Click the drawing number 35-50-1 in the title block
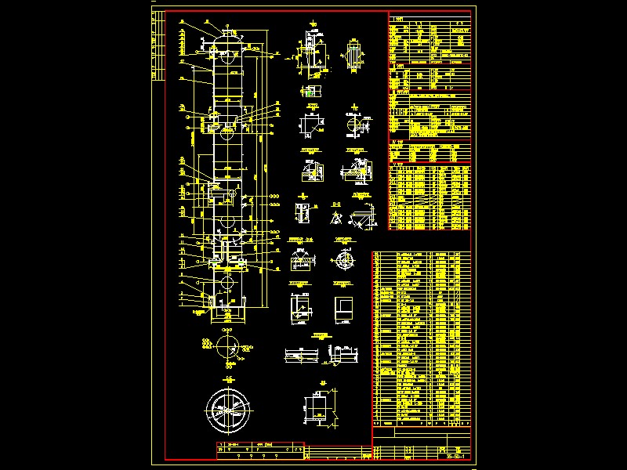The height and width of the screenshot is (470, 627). (455, 456)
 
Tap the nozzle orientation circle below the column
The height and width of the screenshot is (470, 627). (228, 345)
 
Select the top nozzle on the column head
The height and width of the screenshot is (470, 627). (228, 30)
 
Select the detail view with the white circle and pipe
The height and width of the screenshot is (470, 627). (357, 125)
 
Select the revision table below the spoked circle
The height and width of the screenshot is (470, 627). (259, 448)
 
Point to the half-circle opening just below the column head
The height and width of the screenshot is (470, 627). (228, 56)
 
